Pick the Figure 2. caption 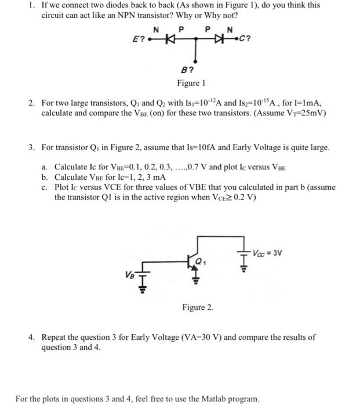pyautogui.click(x=198, y=307)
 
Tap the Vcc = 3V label pyautogui.click(x=268, y=253)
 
